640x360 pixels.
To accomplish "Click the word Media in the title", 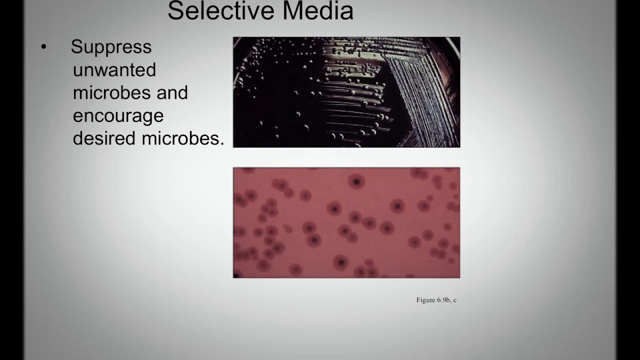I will (317, 11).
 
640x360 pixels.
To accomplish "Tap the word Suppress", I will (111, 47).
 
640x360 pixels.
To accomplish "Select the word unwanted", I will (114, 69).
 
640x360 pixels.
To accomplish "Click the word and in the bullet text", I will (171, 92).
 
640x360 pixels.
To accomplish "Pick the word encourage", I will (118, 116).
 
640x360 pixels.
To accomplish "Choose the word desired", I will (104, 138).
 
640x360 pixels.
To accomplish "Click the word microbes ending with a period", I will (183, 138).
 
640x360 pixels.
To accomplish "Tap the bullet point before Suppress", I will (43, 47).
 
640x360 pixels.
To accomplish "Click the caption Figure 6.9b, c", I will (436, 300).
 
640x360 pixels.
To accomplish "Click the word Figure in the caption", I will (425, 300).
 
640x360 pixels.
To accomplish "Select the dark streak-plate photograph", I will (346, 92).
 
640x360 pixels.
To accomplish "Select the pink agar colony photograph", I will (346, 222).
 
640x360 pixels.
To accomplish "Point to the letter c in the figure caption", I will (454, 300).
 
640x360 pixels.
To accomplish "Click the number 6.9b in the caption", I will (443, 300).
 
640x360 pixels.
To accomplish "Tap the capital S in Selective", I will (174, 11).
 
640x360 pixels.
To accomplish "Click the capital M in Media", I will (292, 11).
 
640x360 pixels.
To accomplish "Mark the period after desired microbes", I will (221, 144).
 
